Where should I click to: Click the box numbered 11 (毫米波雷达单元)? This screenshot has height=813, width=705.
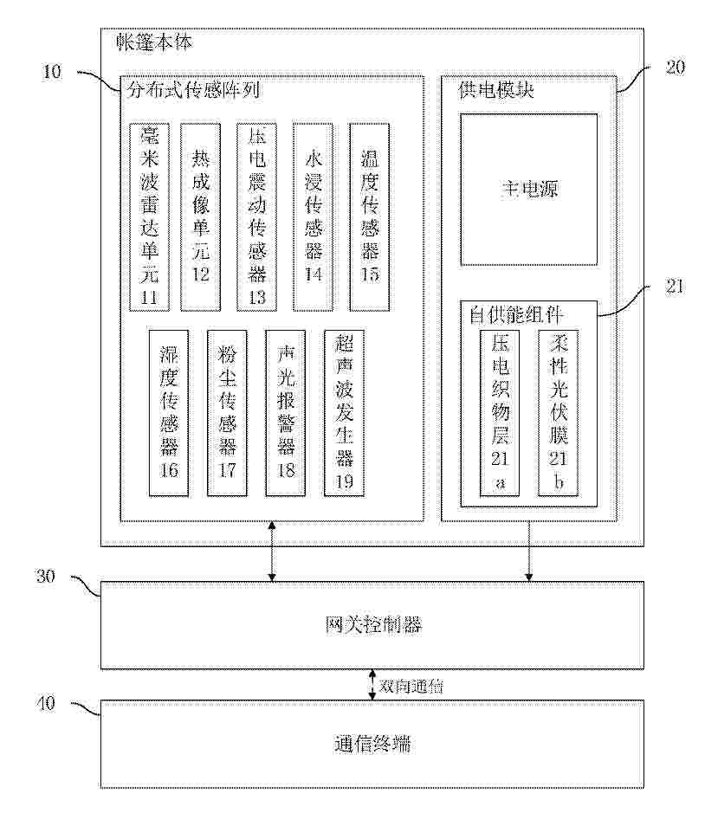point(149,216)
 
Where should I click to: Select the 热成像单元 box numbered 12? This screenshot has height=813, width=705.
point(200,216)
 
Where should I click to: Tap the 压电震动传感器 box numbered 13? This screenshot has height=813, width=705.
point(256,216)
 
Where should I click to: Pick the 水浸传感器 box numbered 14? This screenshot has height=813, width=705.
point(313,216)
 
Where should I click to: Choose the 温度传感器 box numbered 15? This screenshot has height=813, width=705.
point(369,216)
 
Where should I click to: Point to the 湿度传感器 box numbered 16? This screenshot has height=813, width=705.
point(168,413)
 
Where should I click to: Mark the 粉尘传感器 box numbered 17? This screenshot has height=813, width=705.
point(227,413)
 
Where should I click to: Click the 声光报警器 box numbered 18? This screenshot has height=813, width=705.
point(285,413)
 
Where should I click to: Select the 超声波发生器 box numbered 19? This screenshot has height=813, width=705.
point(344,413)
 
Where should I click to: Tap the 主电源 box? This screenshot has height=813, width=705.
point(528,189)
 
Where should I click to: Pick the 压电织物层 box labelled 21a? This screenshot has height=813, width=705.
point(500,412)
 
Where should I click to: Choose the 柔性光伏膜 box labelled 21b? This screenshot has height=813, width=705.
point(558,412)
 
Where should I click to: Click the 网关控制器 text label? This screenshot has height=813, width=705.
point(372,625)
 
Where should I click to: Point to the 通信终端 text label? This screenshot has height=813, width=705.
point(372,744)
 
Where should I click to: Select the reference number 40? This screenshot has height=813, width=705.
point(45,704)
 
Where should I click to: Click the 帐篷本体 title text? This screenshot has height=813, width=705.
point(154,42)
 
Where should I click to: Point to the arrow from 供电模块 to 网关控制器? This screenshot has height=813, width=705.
point(528,552)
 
